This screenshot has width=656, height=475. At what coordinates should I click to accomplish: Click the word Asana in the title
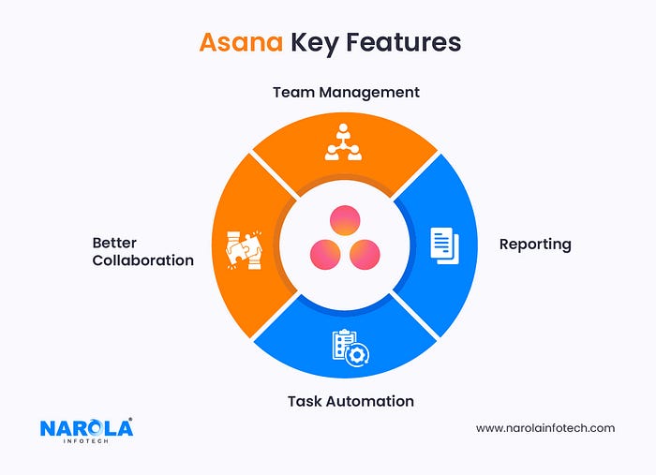coord(242,43)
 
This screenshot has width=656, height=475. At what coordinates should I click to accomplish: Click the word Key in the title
coord(315,43)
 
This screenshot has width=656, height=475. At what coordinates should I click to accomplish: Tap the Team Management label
coord(346,93)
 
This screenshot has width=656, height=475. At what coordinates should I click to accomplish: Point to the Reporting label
coord(534,244)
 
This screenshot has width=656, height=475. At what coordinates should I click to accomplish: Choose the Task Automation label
coord(350,401)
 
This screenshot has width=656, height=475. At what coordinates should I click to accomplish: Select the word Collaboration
coord(142,260)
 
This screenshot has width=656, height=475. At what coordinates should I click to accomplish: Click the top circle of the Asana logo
coord(343,221)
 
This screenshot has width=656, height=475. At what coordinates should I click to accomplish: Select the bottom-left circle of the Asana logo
coord(324,252)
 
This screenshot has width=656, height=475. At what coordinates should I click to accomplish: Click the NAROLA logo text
coord(86,428)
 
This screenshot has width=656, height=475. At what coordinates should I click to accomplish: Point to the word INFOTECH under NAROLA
coord(86,442)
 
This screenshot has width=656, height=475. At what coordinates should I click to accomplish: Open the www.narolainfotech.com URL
coord(544,428)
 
